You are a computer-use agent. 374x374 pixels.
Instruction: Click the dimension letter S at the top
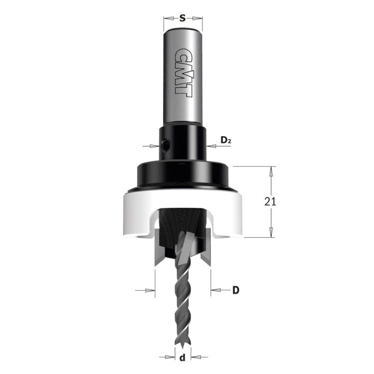point(183,20)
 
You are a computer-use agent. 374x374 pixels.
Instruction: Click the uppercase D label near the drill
point(236,290)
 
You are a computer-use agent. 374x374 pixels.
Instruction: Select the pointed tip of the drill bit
point(183,344)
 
